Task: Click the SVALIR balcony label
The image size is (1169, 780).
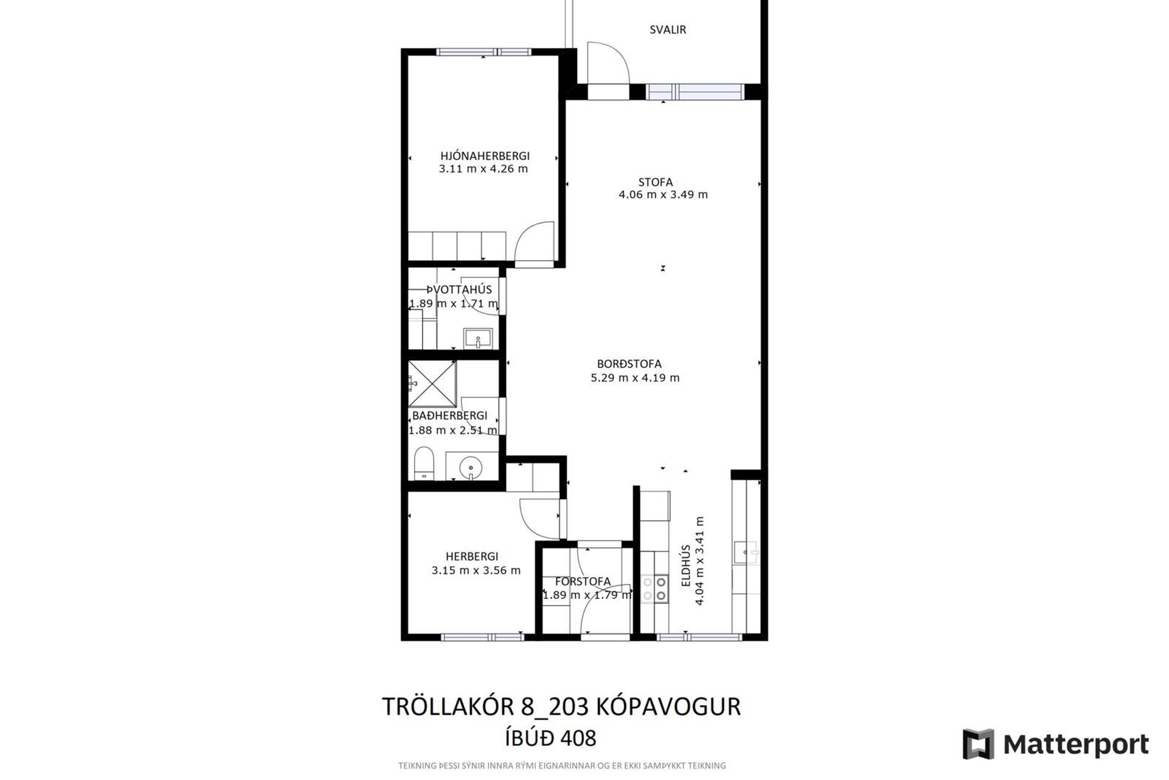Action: (x=667, y=29)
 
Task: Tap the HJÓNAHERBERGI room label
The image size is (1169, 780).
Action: (x=485, y=156)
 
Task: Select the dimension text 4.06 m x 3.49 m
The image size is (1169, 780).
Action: (x=663, y=195)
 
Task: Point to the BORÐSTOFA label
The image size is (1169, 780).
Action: (x=629, y=364)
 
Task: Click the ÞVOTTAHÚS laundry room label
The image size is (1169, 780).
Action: (x=458, y=290)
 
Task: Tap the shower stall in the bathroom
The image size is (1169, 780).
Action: (x=432, y=384)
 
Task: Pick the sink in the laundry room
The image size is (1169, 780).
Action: (x=478, y=338)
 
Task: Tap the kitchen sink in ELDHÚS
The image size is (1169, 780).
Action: (x=746, y=553)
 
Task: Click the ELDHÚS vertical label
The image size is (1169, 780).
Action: (x=686, y=565)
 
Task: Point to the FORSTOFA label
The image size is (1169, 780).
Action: (x=583, y=582)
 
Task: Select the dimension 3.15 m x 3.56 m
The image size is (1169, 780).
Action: (x=476, y=571)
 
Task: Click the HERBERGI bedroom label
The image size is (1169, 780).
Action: (x=472, y=556)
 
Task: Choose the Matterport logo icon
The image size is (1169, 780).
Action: (x=978, y=744)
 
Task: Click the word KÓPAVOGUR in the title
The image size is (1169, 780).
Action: (x=668, y=707)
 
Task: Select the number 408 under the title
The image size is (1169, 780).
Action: (x=578, y=739)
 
